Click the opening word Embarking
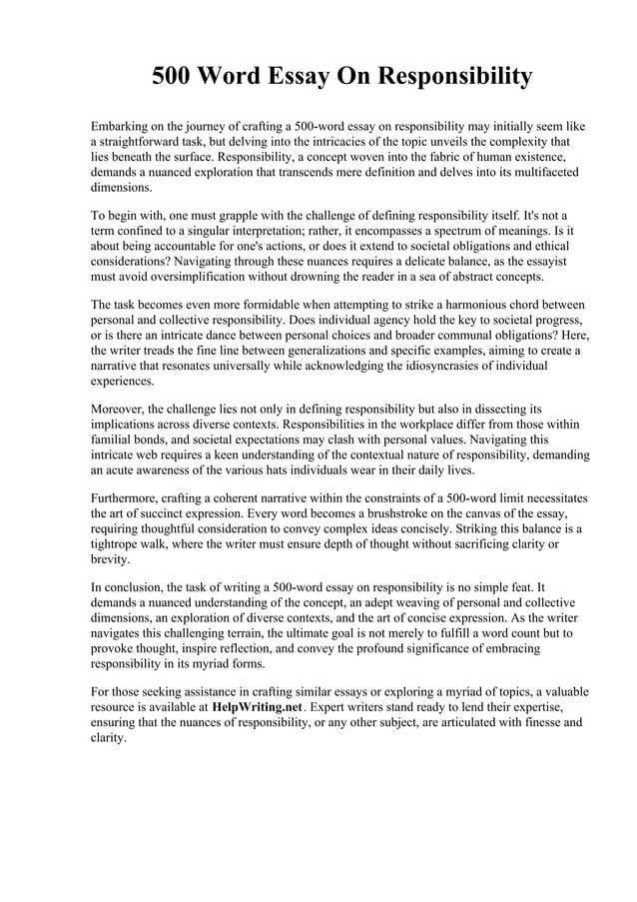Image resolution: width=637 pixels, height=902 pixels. pos(123,127)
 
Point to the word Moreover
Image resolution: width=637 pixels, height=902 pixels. pos(121,409)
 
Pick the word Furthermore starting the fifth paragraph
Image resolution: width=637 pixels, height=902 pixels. pos(129,497)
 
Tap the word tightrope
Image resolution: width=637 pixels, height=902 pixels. pos(117,544)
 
